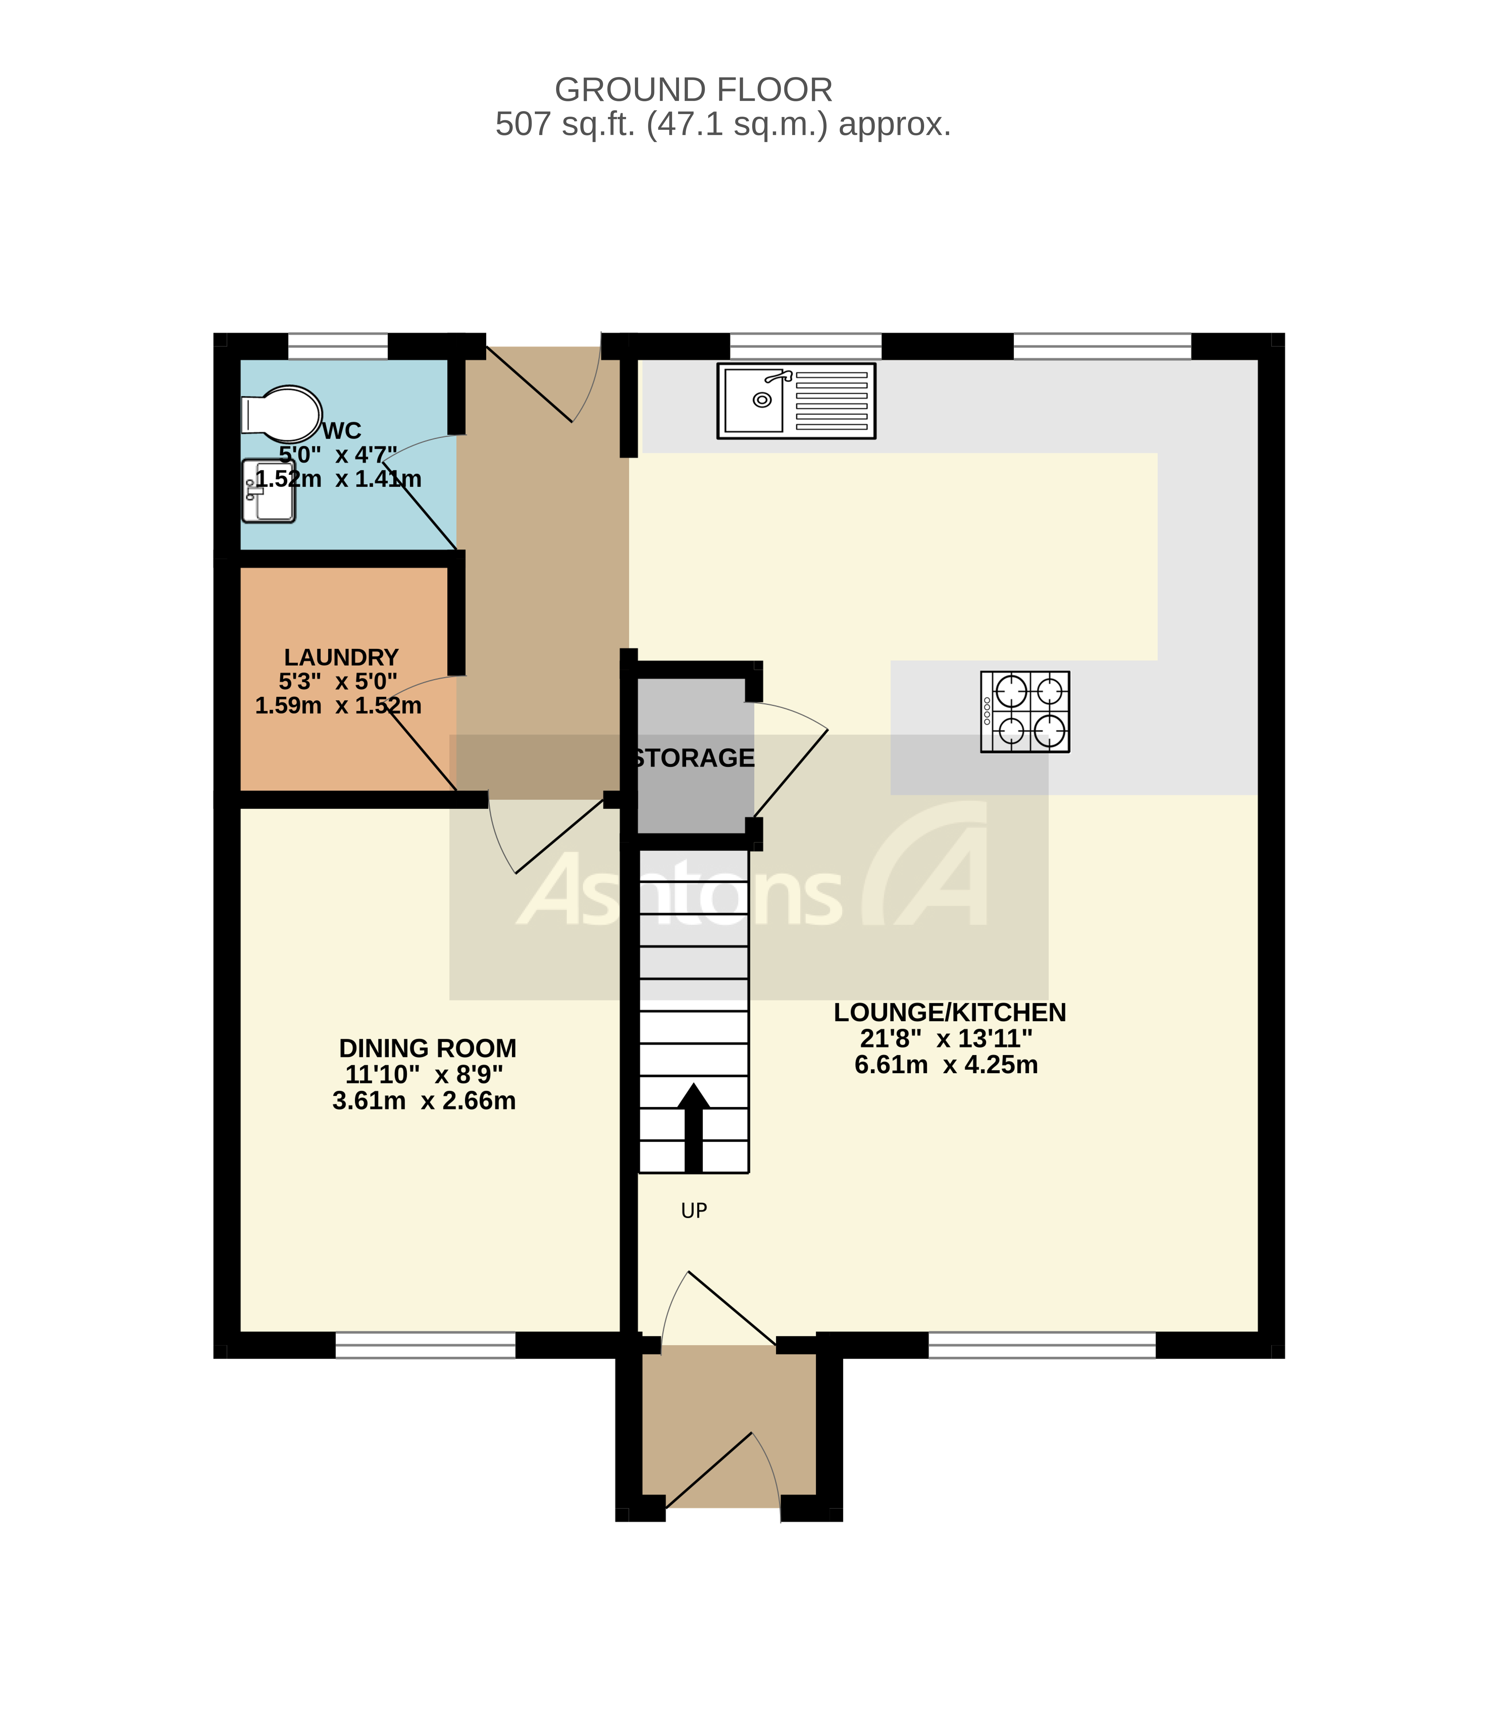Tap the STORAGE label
(694, 758)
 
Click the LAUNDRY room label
(341, 657)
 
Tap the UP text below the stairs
(694, 1210)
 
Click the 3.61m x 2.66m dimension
(424, 1100)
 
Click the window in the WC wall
(338, 346)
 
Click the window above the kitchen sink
(805, 346)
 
